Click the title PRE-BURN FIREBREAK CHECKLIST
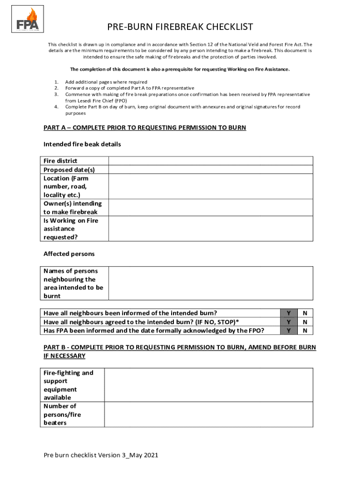click(x=180, y=27)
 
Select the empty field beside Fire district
click(x=210, y=160)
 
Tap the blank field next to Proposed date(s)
click(x=210, y=169)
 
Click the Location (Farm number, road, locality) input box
click(x=210, y=186)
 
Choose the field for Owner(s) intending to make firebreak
click(x=210, y=208)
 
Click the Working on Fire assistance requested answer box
click(x=210, y=229)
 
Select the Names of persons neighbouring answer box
click(x=210, y=283)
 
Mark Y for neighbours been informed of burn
click(x=289, y=313)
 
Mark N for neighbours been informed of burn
click(x=305, y=313)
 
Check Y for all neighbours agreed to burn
click(x=289, y=322)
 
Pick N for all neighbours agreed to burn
click(x=305, y=322)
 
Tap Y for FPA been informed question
click(x=289, y=331)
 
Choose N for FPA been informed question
click(x=305, y=331)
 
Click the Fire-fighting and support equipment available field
click(x=208, y=385)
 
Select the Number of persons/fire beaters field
click(x=208, y=414)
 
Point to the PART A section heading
click(x=144, y=128)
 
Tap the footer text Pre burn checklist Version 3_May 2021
click(x=101, y=455)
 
